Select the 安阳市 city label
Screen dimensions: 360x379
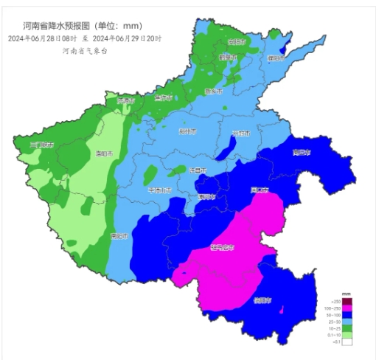click(x=236, y=42)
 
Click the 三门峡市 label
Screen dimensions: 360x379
click(x=41, y=145)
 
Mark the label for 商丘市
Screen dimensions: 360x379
click(x=302, y=153)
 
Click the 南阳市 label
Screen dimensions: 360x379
click(x=119, y=237)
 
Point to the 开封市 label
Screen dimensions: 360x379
click(x=240, y=134)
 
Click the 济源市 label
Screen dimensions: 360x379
click(x=127, y=100)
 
